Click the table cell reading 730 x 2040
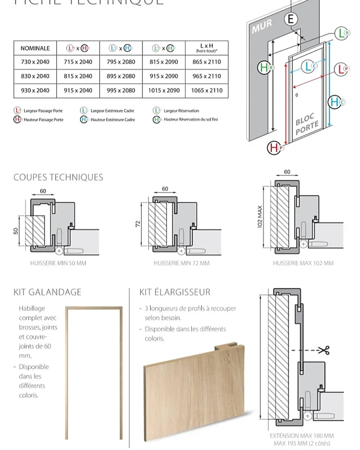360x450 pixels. click(x=35, y=62)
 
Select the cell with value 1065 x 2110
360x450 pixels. click(x=207, y=91)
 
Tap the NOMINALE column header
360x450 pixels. click(x=35, y=48)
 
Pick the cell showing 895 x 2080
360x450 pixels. click(x=121, y=76)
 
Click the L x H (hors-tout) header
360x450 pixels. click(x=207, y=48)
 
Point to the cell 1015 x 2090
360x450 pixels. click(x=164, y=91)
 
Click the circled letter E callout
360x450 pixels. click(x=291, y=19)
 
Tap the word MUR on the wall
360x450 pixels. click(x=262, y=26)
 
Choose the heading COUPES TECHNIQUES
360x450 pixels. click(x=58, y=177)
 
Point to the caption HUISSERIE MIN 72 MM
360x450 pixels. click(x=182, y=263)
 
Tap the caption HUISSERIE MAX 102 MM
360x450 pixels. click(x=303, y=263)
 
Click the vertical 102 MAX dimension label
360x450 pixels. click(x=260, y=217)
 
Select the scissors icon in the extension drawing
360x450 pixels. click(x=324, y=350)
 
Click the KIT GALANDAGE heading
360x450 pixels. click(x=47, y=292)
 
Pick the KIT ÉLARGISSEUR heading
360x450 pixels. click(x=175, y=292)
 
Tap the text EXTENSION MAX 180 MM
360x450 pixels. click(x=302, y=435)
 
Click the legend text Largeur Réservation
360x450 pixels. click(x=181, y=111)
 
